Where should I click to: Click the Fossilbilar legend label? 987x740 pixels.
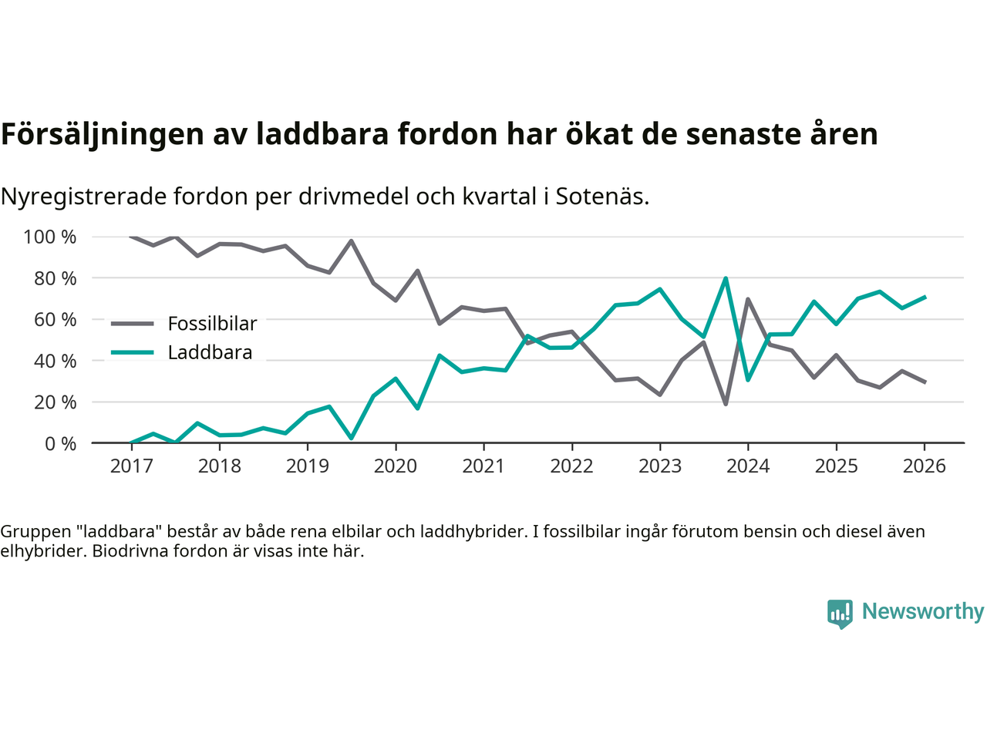pos(212,324)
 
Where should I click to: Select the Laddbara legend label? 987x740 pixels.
pos(210,353)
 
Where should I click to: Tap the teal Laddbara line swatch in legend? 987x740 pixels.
pos(133,353)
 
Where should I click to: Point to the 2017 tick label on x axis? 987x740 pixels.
pos(131,466)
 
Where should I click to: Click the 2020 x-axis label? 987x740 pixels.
pos(396,466)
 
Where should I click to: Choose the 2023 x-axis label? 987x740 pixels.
pos(660,466)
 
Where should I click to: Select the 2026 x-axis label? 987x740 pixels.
pos(925,466)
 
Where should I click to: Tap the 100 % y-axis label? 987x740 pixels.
pos(50,237)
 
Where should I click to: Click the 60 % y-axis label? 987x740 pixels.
pos(55,319)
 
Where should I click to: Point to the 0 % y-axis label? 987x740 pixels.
pos(60,443)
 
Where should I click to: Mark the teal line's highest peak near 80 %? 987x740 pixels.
pos(726,278)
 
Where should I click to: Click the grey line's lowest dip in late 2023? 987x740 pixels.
pos(726,404)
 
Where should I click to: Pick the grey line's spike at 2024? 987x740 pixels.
pos(748,299)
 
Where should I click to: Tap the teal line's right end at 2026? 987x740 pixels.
pos(925,297)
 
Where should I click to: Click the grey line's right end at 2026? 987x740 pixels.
pos(925,382)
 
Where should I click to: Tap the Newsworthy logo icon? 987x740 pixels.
pos(840,614)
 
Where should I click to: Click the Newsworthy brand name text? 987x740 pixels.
pos(923,611)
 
